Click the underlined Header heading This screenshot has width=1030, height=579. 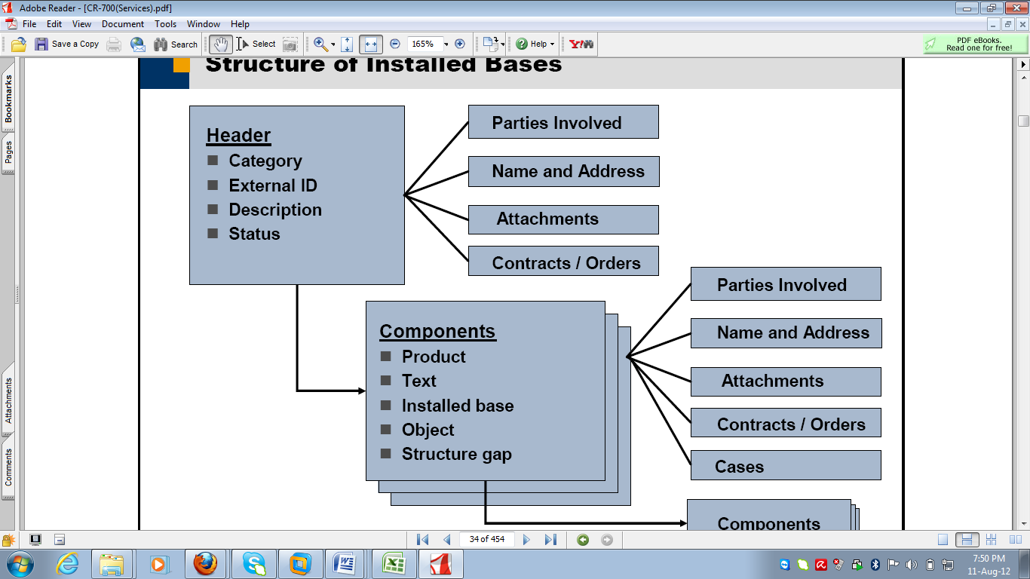coord(238,135)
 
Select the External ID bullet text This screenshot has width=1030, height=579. coord(273,185)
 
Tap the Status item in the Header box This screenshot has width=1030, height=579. coord(254,234)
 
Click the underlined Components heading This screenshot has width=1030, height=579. coord(437,331)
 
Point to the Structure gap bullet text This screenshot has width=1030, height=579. coord(457,454)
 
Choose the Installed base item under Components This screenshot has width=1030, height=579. coord(458,406)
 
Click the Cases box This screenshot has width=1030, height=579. coord(786,465)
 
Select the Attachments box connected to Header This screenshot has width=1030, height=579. coord(563,219)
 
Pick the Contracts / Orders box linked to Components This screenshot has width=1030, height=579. coord(786,423)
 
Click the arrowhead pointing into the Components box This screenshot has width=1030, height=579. coord(362,391)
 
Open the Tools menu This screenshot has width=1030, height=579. coord(165,24)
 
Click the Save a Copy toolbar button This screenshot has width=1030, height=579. coord(67,44)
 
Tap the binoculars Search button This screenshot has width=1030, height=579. coord(175,44)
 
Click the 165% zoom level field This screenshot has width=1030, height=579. coord(424,44)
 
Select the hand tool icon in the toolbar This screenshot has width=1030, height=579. coord(220,44)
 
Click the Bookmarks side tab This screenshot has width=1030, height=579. coord(8,99)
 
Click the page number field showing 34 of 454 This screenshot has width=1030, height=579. coord(486,539)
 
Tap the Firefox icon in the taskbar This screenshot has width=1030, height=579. coord(205,564)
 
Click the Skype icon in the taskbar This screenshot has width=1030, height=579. coord(254,564)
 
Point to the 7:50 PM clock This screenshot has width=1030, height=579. coord(989,559)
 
